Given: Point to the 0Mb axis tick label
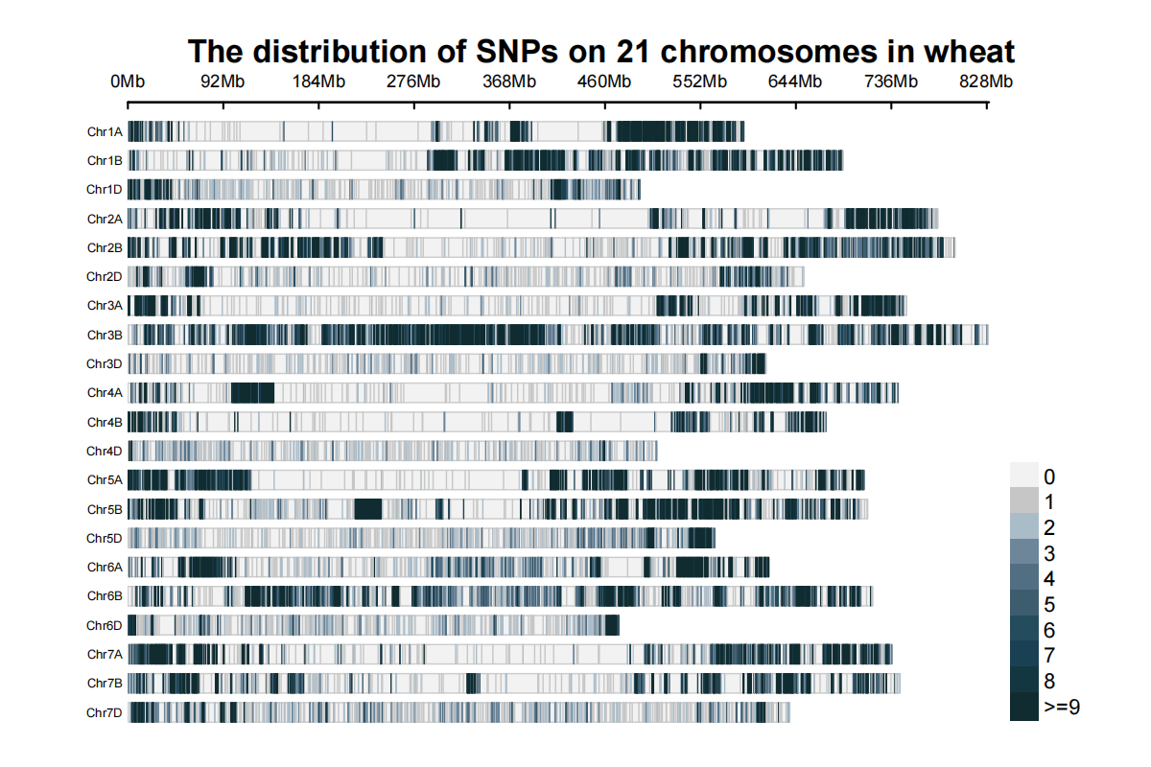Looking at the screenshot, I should (128, 81).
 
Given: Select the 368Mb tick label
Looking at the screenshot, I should (509, 81).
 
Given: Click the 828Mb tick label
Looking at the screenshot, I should (987, 81).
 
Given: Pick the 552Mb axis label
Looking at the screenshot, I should (700, 81).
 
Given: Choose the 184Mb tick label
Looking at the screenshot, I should (318, 81).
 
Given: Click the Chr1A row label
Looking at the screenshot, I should (105, 131).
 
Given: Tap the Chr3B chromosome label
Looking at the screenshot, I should (105, 335).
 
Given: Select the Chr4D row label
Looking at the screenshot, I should (105, 451).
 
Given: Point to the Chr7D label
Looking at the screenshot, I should (105, 712).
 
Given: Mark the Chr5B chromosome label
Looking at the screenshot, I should (105, 509).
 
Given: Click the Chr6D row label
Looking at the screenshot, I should (105, 625).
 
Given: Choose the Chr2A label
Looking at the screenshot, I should (105, 219).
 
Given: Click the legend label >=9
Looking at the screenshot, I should (1062, 707).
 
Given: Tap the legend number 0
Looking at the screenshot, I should (1049, 476).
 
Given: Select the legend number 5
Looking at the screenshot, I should (1049, 604).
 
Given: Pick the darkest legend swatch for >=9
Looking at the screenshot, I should (1024, 707).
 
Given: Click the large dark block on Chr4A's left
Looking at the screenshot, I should (252, 393).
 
